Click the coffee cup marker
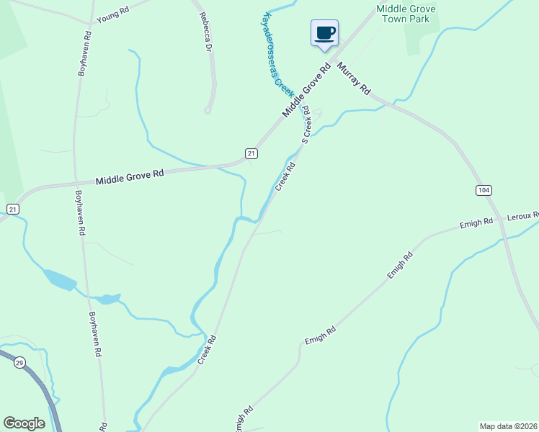pos(325,32)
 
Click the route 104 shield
pos(484,190)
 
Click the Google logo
pos(24,423)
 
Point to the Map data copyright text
pos(508,426)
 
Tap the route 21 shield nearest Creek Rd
pos(251,153)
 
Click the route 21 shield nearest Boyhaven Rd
pos(12,209)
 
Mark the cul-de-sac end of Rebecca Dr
pos(208,110)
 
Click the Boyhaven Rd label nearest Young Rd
pos(84,53)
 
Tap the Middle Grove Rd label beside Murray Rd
pos(306,89)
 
